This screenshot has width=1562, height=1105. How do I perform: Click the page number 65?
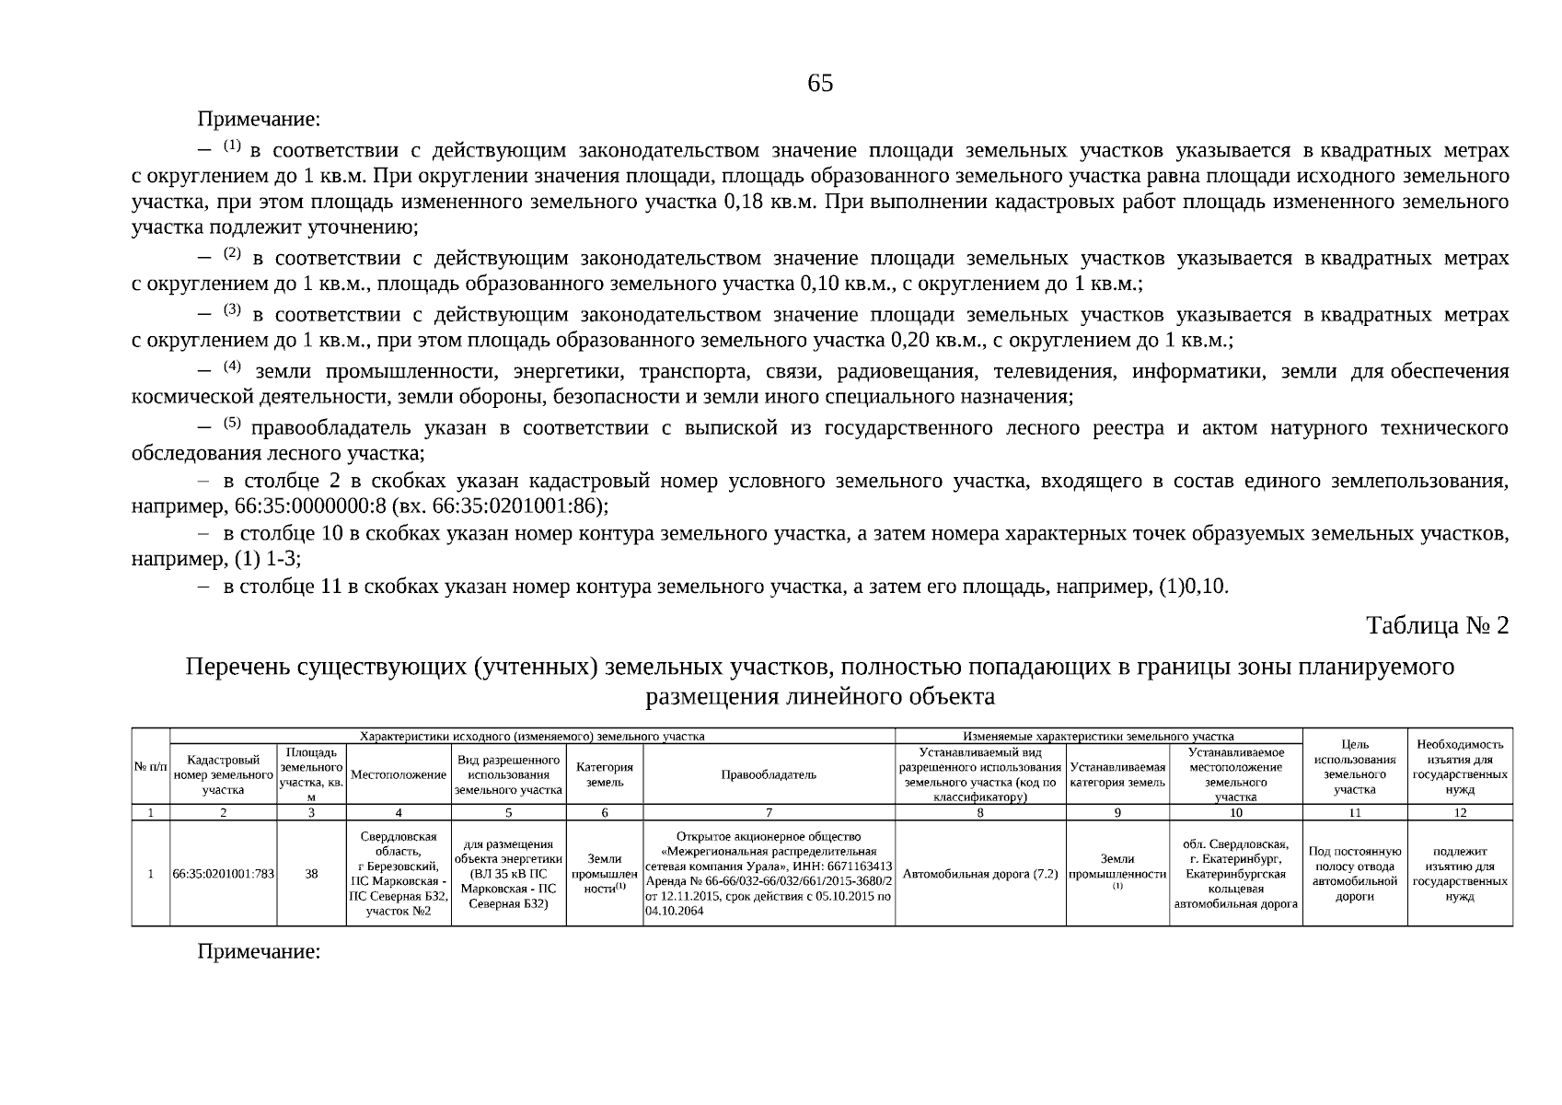click(x=819, y=84)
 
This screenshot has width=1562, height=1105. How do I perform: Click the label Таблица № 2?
click(x=1437, y=626)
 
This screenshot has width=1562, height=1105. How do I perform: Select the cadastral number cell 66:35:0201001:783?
click(x=223, y=874)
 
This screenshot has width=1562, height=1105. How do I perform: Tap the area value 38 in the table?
click(x=311, y=874)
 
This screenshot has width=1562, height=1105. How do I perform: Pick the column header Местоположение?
click(x=399, y=775)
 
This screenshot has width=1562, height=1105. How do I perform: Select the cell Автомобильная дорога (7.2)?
click(x=980, y=874)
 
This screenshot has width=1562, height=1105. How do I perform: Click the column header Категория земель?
click(x=605, y=774)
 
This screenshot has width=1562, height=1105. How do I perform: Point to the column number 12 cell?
click(x=1459, y=812)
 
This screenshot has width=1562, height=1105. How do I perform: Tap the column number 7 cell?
click(x=769, y=812)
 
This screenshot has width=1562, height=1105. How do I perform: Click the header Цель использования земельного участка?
click(x=1355, y=766)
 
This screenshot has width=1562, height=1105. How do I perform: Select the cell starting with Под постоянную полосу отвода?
click(x=1355, y=874)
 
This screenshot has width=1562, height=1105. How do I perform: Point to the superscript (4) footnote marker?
click(x=232, y=366)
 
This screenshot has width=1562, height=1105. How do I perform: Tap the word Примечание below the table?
click(x=259, y=952)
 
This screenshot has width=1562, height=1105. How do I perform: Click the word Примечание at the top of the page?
click(x=259, y=120)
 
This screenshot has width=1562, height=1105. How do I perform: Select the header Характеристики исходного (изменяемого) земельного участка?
click(x=532, y=737)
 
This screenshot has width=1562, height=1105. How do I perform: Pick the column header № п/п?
click(x=151, y=767)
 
